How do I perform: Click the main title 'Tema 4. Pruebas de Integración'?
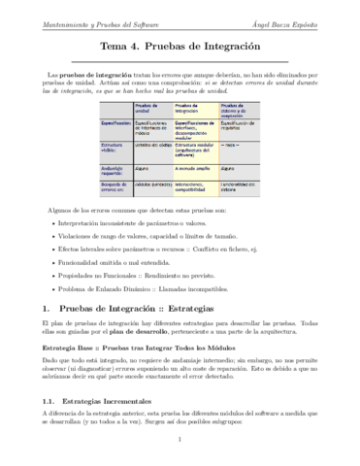180,45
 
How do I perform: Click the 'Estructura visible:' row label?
112,149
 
